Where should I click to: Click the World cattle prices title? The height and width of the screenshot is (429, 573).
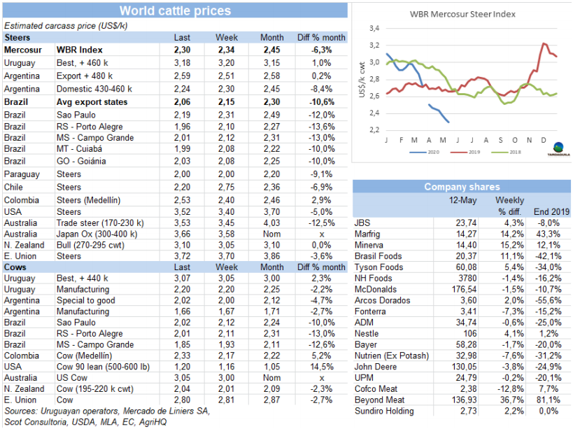coord(174,10)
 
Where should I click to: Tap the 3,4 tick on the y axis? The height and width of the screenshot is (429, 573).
coord(374,28)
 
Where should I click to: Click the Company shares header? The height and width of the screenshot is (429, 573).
coord(462,187)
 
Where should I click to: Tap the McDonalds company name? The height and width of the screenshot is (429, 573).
coord(379,290)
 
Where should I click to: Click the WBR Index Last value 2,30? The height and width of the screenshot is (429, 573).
coord(182,50)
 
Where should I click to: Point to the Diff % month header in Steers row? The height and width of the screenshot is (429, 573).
coord(321,37)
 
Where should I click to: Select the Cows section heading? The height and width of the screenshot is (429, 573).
coord(15,267)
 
